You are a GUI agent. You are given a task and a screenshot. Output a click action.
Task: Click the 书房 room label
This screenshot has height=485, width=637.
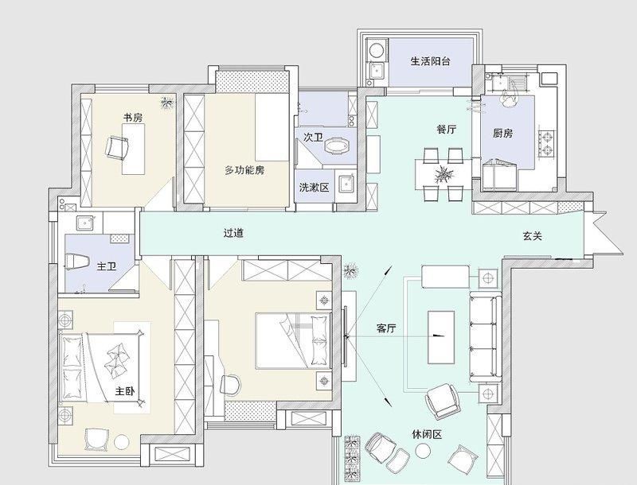[x=132, y=118]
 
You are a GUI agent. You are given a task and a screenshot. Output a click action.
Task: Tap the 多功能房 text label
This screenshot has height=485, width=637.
[x=244, y=170]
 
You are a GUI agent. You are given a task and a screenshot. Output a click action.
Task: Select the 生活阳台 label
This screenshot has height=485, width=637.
[x=432, y=61]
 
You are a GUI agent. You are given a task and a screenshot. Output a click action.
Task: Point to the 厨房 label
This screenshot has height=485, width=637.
[x=502, y=133]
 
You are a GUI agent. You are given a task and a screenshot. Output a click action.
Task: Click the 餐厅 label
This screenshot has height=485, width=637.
[x=446, y=130]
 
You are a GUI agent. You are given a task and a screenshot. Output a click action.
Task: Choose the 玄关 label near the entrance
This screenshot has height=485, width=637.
[x=533, y=235]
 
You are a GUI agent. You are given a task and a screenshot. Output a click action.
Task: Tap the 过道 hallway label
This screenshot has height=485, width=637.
[x=233, y=234]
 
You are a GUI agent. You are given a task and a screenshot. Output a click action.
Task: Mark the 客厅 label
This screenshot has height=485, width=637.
[x=386, y=328]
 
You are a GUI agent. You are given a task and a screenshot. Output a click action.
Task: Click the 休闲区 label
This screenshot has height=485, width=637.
[x=427, y=434]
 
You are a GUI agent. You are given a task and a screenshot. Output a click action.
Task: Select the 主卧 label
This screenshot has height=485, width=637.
[x=124, y=391]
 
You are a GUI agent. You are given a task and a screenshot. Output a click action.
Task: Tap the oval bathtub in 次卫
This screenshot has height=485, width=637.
[x=339, y=145]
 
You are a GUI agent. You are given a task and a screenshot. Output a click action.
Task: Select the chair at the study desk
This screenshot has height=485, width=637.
[x=119, y=146]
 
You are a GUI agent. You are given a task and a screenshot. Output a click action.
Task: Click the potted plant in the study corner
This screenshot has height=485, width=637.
[x=167, y=101]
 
